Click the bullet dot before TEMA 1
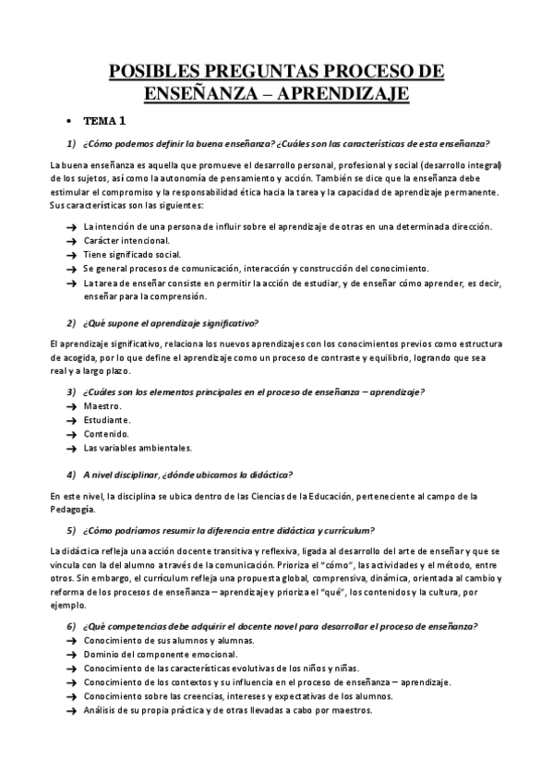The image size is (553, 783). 69,122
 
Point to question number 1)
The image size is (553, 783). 70,143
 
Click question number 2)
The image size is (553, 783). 70,322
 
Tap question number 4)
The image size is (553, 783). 70,475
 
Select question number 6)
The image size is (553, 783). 70,627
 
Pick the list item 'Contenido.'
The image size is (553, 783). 106,434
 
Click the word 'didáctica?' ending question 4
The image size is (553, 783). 270,475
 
